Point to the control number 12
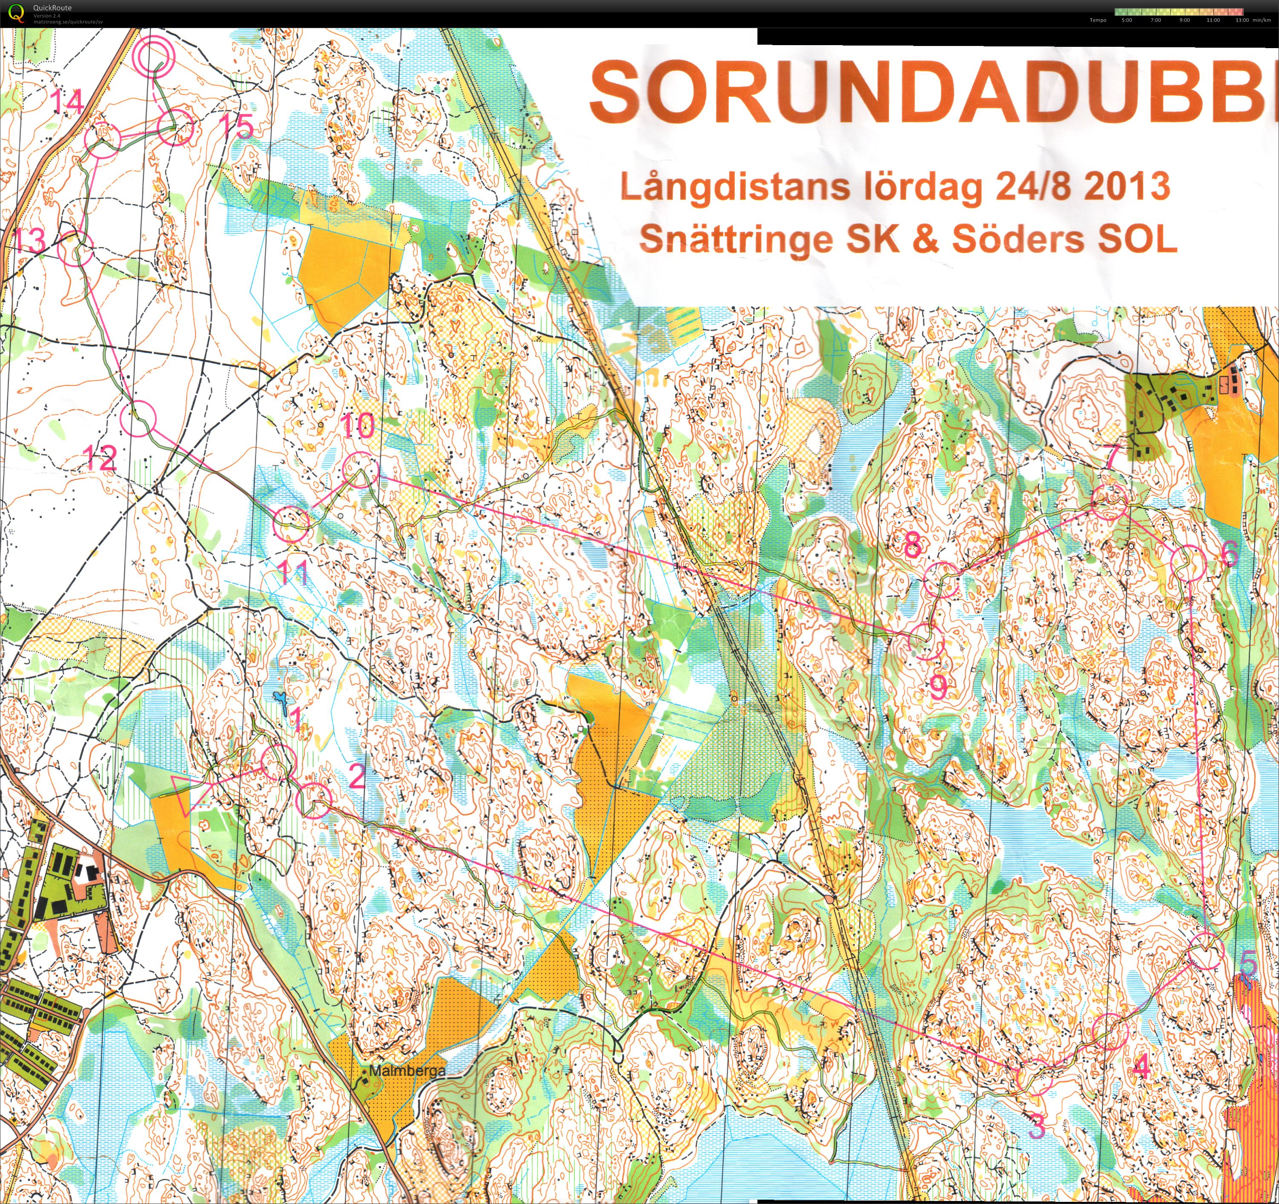[x=100, y=458]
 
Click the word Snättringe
[x=736, y=239]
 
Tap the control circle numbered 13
[x=75, y=249]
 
